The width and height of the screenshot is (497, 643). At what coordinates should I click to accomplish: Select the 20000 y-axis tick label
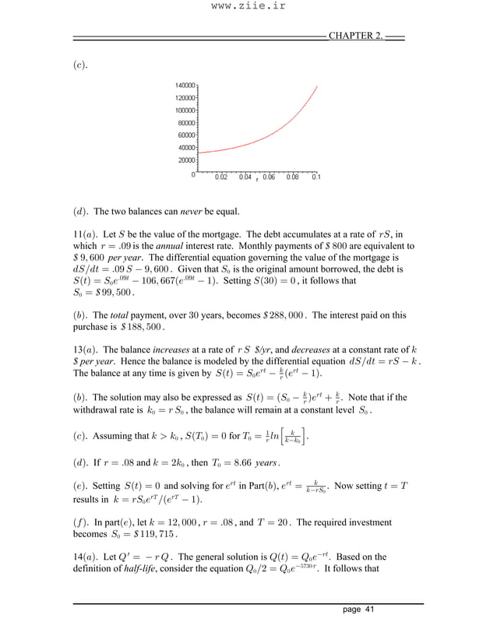click(186, 160)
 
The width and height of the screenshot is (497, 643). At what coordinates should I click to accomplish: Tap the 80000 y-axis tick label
click(186, 123)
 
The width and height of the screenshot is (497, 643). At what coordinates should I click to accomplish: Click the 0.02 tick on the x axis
click(222, 177)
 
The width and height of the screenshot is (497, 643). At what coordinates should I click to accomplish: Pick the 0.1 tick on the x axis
click(315, 177)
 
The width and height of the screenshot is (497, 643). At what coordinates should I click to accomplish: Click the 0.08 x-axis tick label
click(292, 177)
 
